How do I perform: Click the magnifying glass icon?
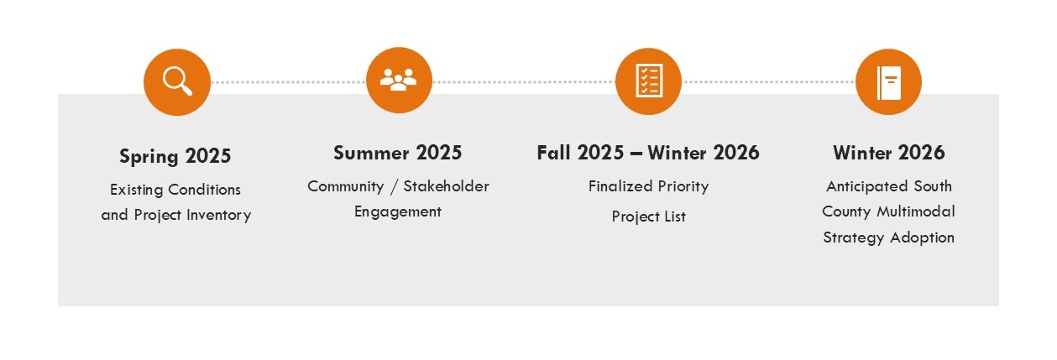pyautogui.click(x=176, y=81)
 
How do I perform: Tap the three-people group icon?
pyautogui.click(x=399, y=81)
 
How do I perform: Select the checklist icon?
pyautogui.click(x=648, y=81)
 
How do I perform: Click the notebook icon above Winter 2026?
pyautogui.click(x=888, y=81)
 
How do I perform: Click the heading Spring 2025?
pyautogui.click(x=175, y=156)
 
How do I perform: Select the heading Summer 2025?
pyautogui.click(x=397, y=153)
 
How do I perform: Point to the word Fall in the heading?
pyautogui.click(x=557, y=153)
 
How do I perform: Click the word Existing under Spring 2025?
pyautogui.click(x=137, y=190)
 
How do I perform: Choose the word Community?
pyautogui.click(x=344, y=186)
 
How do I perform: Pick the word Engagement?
pyautogui.click(x=397, y=211)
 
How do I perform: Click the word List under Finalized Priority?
pyautogui.click(x=672, y=217)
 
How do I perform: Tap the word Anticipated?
pyautogui.click(x=864, y=186)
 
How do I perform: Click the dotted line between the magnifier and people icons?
pyautogui.click(x=288, y=82)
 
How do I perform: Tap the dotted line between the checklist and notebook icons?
pyautogui.click(x=768, y=82)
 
